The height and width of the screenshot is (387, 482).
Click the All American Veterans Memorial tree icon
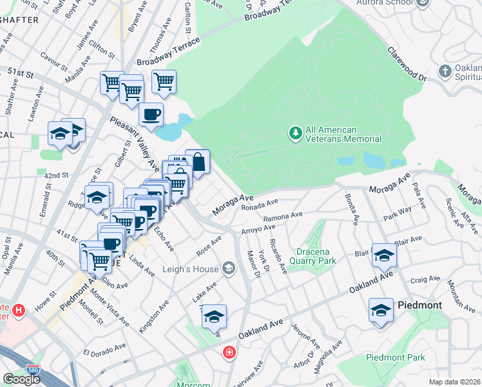pyautogui.click(x=296, y=133)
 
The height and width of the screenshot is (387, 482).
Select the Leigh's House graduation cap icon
pyautogui.click(x=229, y=268)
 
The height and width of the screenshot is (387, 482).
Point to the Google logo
pyautogui.click(x=21, y=379)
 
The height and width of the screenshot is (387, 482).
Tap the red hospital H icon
pyautogui.click(x=19, y=310)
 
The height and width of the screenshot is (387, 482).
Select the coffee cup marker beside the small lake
pyautogui.click(x=151, y=115)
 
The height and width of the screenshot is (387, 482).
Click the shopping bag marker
pyautogui.click(x=198, y=161)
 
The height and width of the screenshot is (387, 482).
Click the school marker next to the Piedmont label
pyautogui.click(x=381, y=310)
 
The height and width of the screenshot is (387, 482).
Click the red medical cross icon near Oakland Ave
pyautogui.click(x=229, y=352)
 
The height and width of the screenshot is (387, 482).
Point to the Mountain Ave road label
pyautogui.click(x=460, y=296)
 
